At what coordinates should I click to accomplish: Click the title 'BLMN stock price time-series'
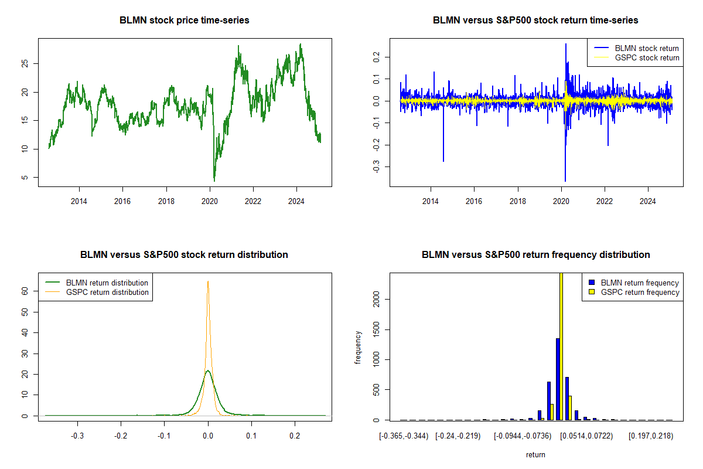click(185, 21)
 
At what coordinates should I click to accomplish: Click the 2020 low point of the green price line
click(214, 181)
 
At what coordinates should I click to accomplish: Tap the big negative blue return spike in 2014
click(443, 159)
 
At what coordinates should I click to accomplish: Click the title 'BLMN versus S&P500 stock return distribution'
click(185, 255)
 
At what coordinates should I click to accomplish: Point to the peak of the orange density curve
click(208, 281)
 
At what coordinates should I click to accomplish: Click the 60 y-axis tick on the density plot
click(25, 290)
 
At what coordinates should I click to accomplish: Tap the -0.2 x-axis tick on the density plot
click(121, 436)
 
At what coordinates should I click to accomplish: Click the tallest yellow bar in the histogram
click(561, 346)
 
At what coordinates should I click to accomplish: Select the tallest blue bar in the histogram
click(558, 379)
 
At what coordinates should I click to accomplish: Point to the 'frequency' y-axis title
click(359, 348)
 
